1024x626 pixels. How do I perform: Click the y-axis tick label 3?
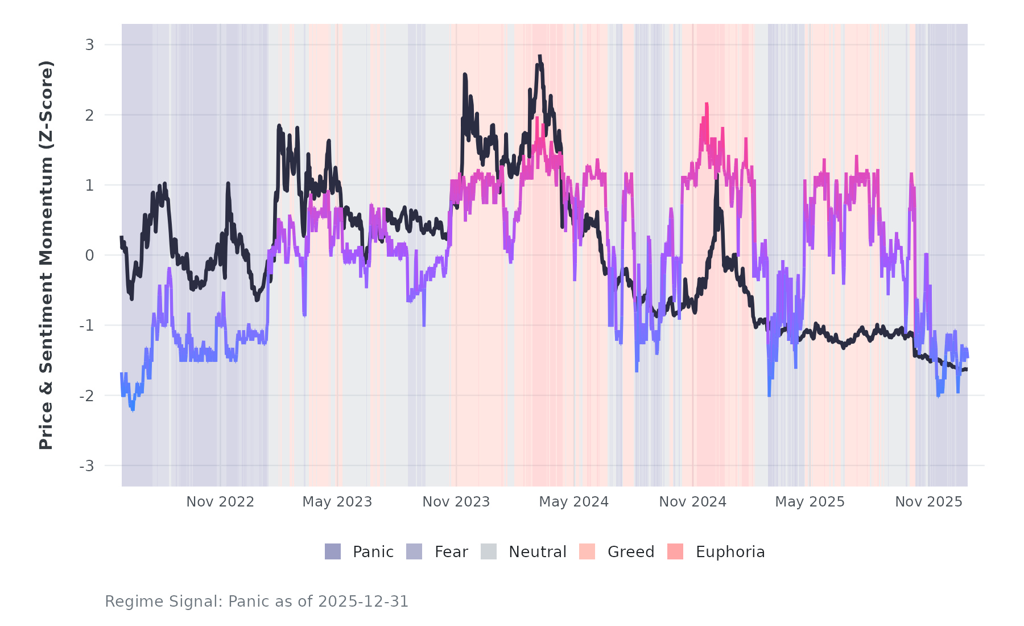[89, 44]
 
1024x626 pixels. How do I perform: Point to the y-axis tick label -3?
[86, 466]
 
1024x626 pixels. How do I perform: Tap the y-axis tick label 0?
[89, 256]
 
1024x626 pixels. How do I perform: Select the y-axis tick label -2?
[86, 396]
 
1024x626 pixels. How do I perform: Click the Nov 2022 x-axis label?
[220, 502]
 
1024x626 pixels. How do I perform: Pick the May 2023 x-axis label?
[337, 502]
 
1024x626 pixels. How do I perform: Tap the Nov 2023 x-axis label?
[456, 502]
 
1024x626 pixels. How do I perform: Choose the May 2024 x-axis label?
[573, 502]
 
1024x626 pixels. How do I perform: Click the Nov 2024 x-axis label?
[692, 502]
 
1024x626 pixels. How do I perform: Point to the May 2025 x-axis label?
[810, 502]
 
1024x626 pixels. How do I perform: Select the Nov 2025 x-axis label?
[928, 502]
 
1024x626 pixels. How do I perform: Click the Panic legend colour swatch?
[333, 551]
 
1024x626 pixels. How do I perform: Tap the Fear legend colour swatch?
[414, 551]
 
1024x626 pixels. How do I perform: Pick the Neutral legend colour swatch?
[489, 551]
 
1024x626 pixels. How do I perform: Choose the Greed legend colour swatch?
[587, 551]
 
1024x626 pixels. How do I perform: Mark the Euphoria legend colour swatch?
[675, 551]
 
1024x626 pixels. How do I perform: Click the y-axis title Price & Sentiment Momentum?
[46, 255]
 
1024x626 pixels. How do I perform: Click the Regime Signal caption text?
[257, 602]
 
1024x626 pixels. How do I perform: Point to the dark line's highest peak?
[539, 56]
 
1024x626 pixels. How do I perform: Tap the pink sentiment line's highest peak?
[707, 104]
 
